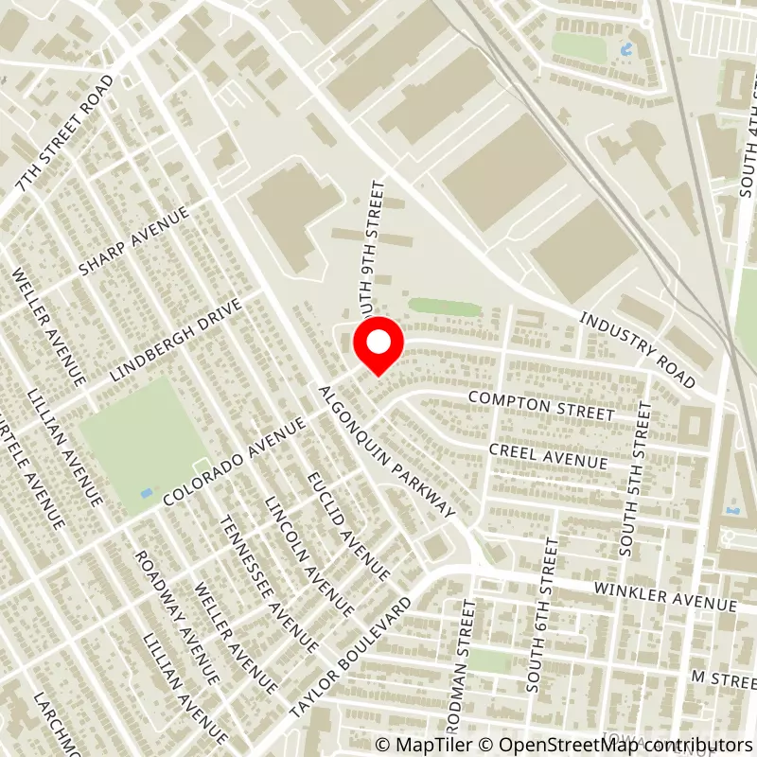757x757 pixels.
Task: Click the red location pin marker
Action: (x=378, y=346)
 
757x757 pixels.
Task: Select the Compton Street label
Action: (x=541, y=407)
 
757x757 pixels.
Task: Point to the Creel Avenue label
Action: (x=548, y=454)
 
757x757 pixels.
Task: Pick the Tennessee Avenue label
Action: (x=267, y=583)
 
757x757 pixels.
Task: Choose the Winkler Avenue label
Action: (x=664, y=596)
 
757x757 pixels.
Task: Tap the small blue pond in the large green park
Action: (x=144, y=493)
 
